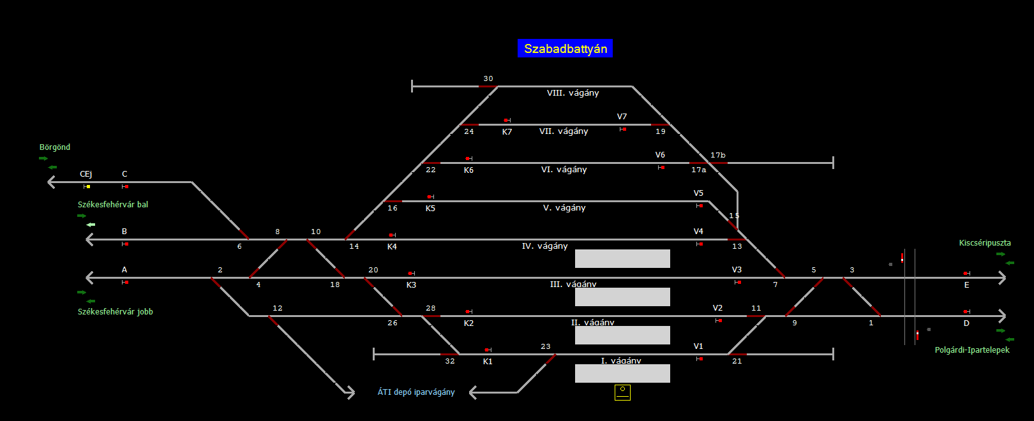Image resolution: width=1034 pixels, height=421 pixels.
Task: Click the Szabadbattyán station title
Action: [x=565, y=48]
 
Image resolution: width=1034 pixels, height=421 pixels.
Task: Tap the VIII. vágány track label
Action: [x=573, y=93]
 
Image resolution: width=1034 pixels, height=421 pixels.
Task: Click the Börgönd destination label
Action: [x=55, y=147]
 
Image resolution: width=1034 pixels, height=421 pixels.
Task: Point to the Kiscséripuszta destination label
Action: [x=984, y=243]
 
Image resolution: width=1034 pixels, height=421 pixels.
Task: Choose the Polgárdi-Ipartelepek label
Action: [x=971, y=350]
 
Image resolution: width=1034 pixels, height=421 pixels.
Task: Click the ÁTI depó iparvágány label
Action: [x=416, y=392]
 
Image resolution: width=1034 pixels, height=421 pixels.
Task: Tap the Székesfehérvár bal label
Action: [x=113, y=205]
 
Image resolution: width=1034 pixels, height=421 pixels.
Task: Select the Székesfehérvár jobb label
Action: [x=116, y=312]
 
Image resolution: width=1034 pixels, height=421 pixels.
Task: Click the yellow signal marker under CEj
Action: [x=87, y=186]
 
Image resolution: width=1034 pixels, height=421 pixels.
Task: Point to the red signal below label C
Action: [x=126, y=186]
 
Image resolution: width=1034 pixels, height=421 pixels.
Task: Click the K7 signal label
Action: [x=507, y=132]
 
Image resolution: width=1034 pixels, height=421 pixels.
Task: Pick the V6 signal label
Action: [x=660, y=155]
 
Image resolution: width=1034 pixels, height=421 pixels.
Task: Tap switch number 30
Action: [x=488, y=79]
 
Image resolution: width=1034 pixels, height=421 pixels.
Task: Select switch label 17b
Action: [x=718, y=156]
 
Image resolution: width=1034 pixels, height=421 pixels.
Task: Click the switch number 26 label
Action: [x=393, y=323]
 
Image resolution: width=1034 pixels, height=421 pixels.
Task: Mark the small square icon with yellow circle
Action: [x=622, y=392]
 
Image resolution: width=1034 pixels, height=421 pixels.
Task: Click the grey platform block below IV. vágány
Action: [x=622, y=258]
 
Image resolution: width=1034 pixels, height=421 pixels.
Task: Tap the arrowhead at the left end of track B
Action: [x=90, y=239]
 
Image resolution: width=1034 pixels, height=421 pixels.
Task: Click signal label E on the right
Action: [x=966, y=285]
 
